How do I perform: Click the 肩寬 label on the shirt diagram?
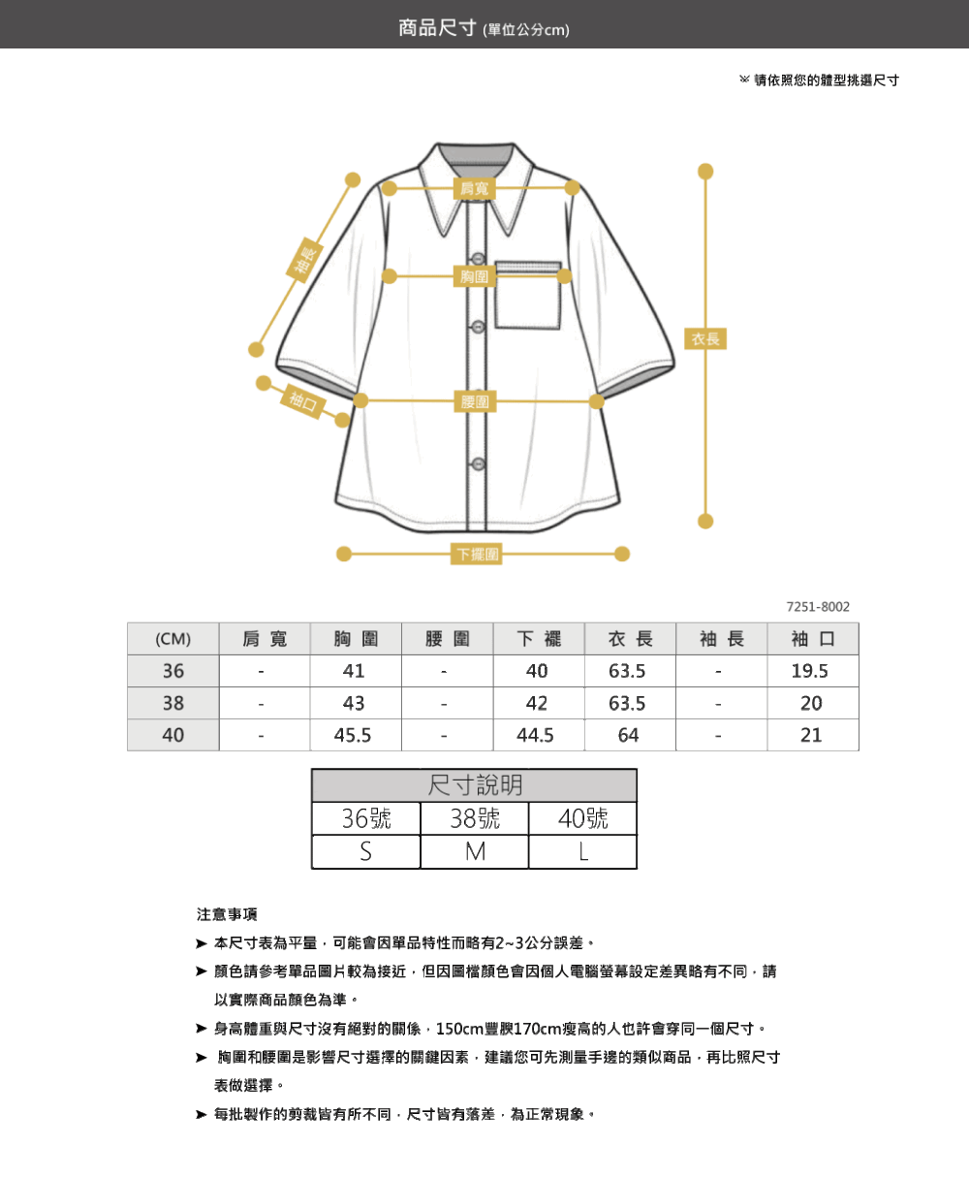pos(475,189)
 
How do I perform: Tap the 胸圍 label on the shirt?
pos(475,276)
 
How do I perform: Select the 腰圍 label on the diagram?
pos(475,401)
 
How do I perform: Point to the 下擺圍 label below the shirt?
pos(476,554)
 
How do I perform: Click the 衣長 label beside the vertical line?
pos(705,338)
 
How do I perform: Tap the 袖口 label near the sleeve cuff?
pos(303,401)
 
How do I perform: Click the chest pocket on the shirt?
pos(527,295)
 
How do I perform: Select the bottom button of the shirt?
pos(479,464)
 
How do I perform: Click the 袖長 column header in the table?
pos(722,639)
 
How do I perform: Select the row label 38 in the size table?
pos(173,703)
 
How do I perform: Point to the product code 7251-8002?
pos(818,607)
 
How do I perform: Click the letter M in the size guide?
pos(475,852)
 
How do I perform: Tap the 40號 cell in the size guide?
pos(582,819)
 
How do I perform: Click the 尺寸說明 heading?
pos(475,785)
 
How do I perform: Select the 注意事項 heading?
pos(227,914)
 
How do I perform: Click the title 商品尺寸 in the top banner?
pos(437,27)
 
